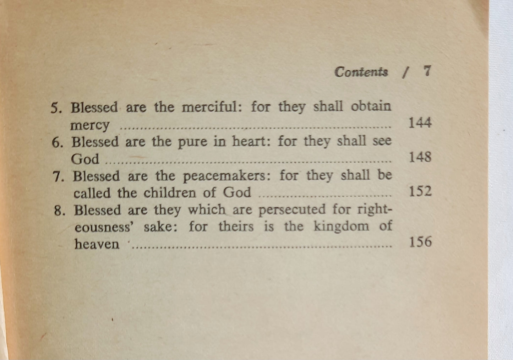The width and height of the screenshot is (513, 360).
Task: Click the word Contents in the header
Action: (361, 72)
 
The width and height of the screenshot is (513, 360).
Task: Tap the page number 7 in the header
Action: (427, 71)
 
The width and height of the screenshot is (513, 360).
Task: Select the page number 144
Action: (420, 123)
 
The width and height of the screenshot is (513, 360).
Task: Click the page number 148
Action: (420, 157)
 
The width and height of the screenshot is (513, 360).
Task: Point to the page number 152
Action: (420, 191)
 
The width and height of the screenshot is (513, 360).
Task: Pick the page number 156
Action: (420, 242)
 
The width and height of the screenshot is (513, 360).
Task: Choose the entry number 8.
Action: (59, 211)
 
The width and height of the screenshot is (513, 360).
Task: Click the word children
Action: (170, 193)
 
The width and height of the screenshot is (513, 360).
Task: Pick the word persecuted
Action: (291, 209)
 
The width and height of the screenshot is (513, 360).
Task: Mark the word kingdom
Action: (341, 227)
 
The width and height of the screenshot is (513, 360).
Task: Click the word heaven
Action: (97, 244)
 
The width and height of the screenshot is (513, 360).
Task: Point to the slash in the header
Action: (404, 72)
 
